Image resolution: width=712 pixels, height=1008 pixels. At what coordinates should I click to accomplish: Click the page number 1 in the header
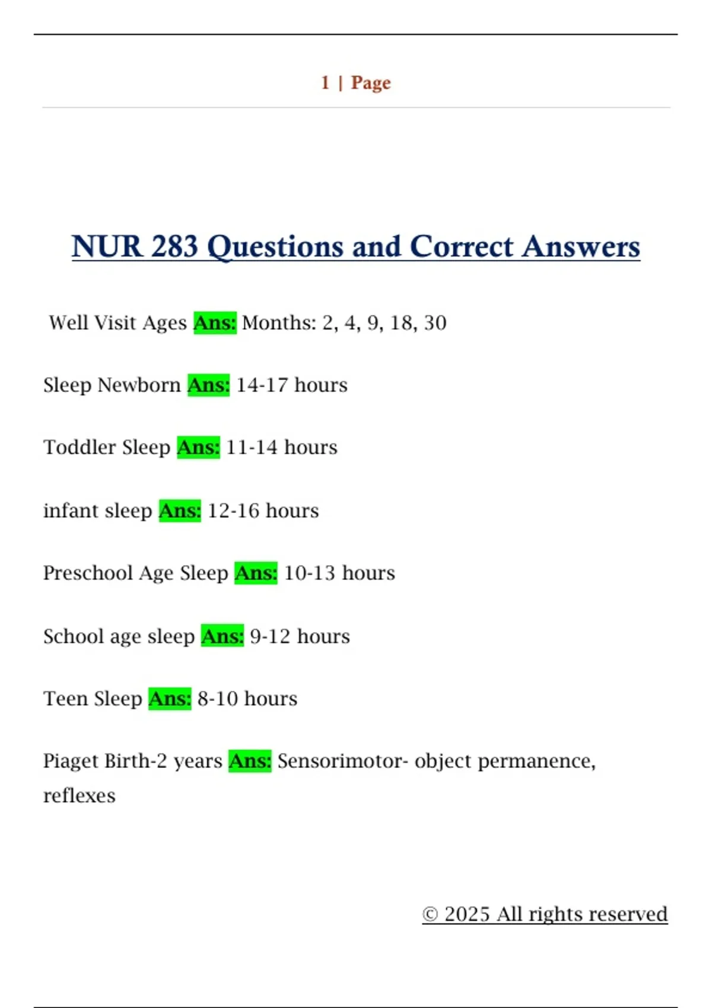(x=325, y=82)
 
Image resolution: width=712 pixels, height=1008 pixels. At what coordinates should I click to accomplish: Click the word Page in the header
(x=371, y=83)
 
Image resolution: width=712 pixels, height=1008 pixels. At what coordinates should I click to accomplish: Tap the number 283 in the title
(x=174, y=246)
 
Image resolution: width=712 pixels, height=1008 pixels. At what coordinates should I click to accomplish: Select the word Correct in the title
(x=461, y=246)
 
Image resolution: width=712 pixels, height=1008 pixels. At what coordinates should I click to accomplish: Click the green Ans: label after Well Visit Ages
(x=215, y=323)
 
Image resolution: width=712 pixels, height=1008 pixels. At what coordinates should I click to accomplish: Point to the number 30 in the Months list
(x=435, y=323)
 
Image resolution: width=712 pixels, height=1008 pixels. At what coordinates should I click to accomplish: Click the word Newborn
(x=139, y=385)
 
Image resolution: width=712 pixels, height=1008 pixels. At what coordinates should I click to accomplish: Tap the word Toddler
(x=79, y=447)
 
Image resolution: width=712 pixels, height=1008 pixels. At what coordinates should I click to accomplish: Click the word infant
(x=68, y=511)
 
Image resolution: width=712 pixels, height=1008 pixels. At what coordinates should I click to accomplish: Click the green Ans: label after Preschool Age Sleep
(x=256, y=573)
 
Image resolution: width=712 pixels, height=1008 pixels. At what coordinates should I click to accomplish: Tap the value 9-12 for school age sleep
(x=270, y=636)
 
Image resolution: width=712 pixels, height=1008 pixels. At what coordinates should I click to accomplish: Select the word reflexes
(x=80, y=796)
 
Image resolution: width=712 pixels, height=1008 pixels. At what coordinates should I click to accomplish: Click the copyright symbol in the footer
(x=430, y=914)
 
